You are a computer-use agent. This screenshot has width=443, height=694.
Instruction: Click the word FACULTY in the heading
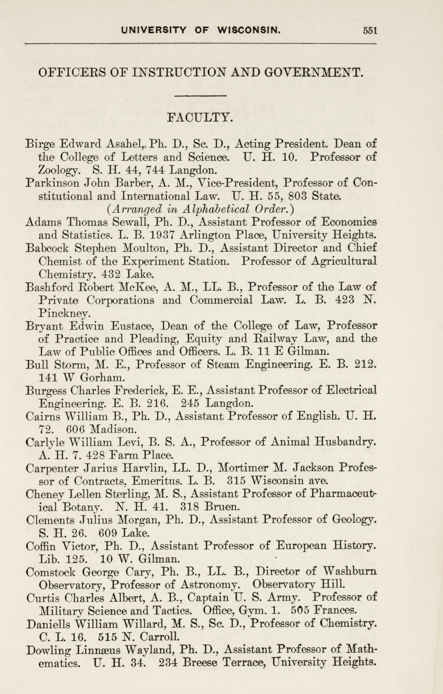[200, 117]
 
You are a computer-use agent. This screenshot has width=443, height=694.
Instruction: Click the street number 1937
[162, 235]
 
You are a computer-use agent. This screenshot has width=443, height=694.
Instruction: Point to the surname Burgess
[46, 391]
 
